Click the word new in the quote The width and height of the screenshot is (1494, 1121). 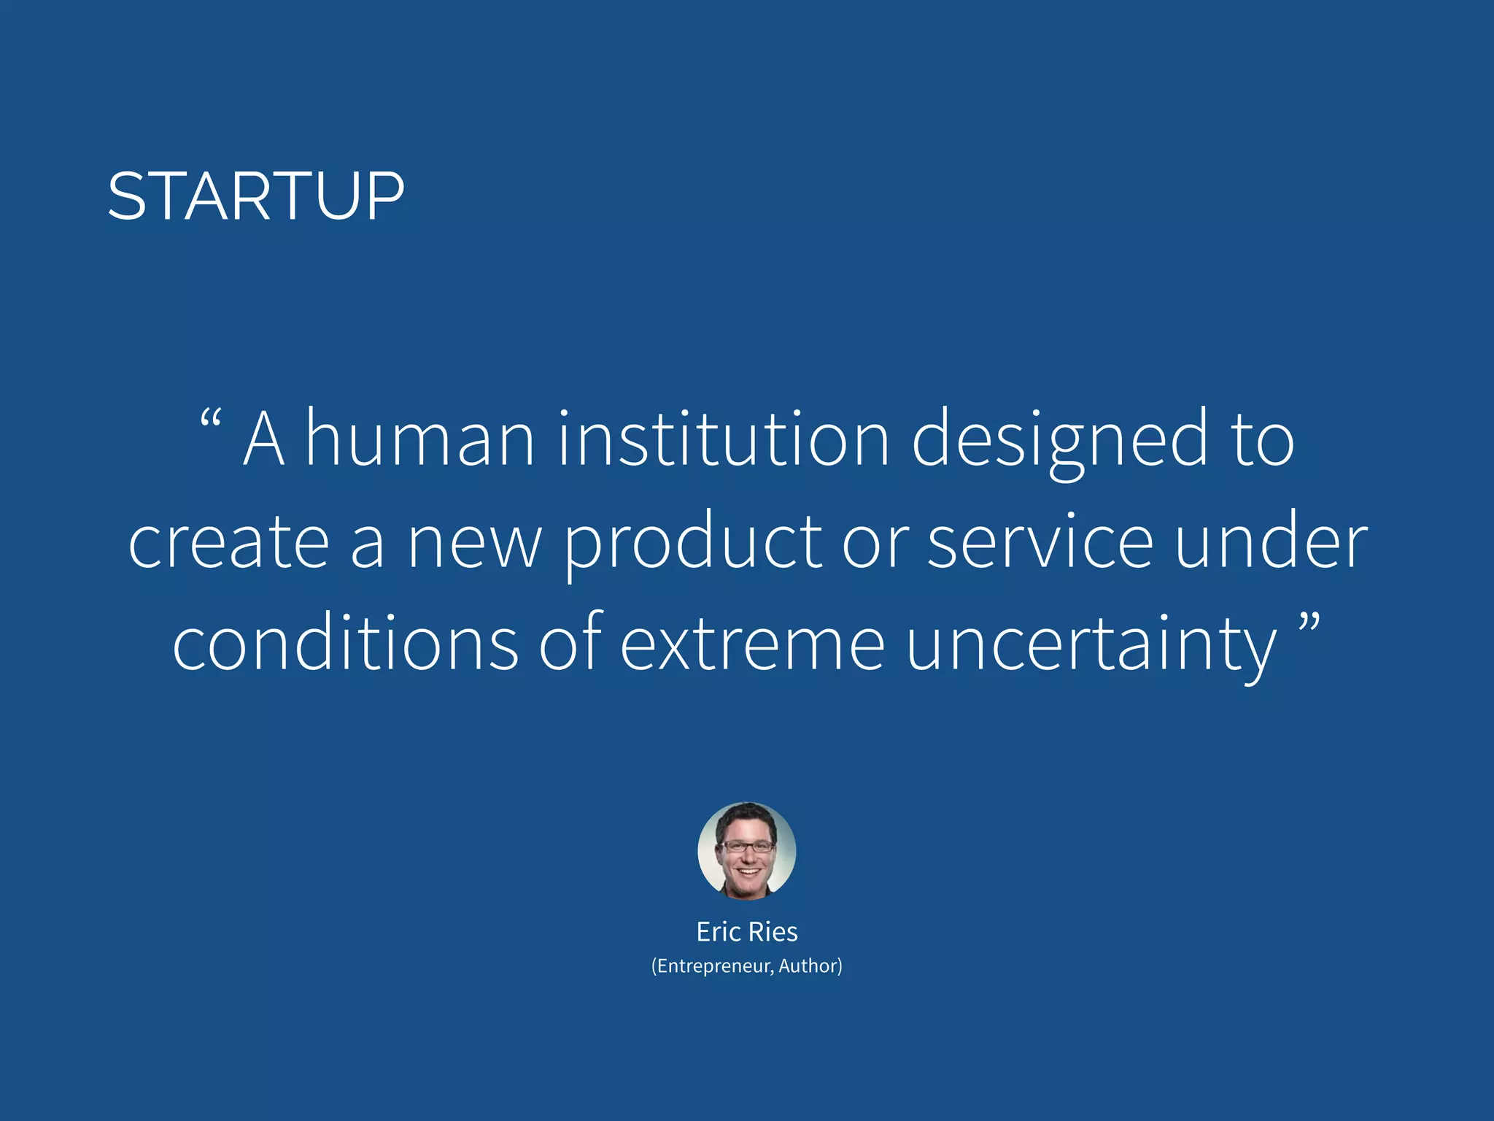(x=474, y=544)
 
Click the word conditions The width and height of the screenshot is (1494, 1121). (x=345, y=642)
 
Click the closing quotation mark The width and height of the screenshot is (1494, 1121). (x=1309, y=623)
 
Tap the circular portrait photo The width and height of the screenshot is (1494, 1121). (x=746, y=850)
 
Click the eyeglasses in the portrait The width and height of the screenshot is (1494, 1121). (x=747, y=847)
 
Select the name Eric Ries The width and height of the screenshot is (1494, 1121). (x=747, y=932)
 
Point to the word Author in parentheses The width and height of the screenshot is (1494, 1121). (x=808, y=966)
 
